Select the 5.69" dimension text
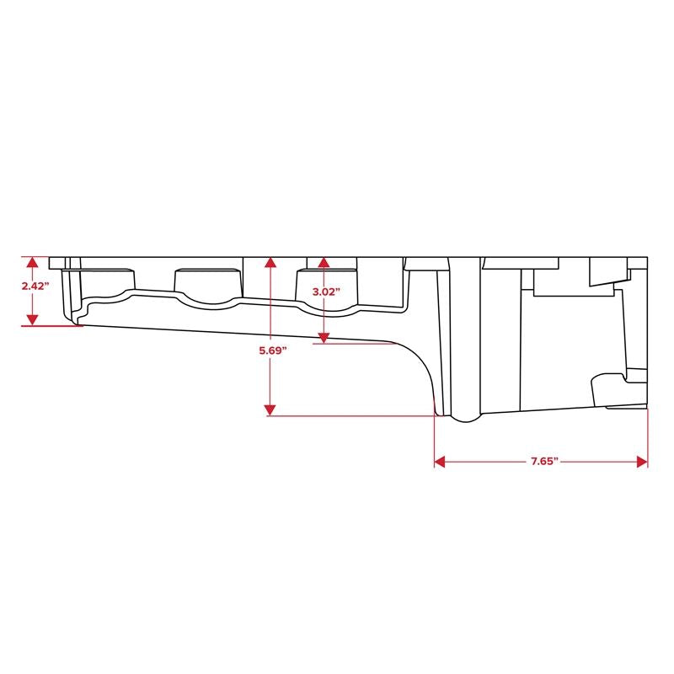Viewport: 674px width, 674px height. tap(272, 350)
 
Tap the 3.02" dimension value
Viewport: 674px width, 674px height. tap(326, 292)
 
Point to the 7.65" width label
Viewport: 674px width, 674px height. tap(544, 462)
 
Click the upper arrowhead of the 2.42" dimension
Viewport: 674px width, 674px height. tap(33, 262)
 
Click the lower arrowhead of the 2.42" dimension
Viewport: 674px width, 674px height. tap(33, 320)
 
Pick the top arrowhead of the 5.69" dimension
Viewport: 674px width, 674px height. tap(270, 262)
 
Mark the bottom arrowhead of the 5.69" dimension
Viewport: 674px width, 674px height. tap(270, 410)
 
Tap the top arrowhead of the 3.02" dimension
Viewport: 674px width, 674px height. tap(324, 262)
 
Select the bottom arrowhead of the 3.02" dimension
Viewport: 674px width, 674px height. tap(324, 338)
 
